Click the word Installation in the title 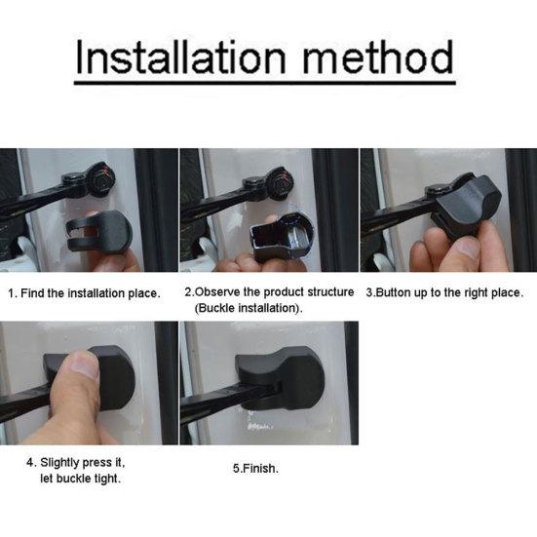(180, 57)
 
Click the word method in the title (378, 57)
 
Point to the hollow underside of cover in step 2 (274, 237)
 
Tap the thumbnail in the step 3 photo (467, 248)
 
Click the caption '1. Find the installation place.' (84, 293)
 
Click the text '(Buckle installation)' (249, 308)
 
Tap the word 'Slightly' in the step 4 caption (59, 463)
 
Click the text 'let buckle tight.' (81, 479)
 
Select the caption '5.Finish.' (255, 468)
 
